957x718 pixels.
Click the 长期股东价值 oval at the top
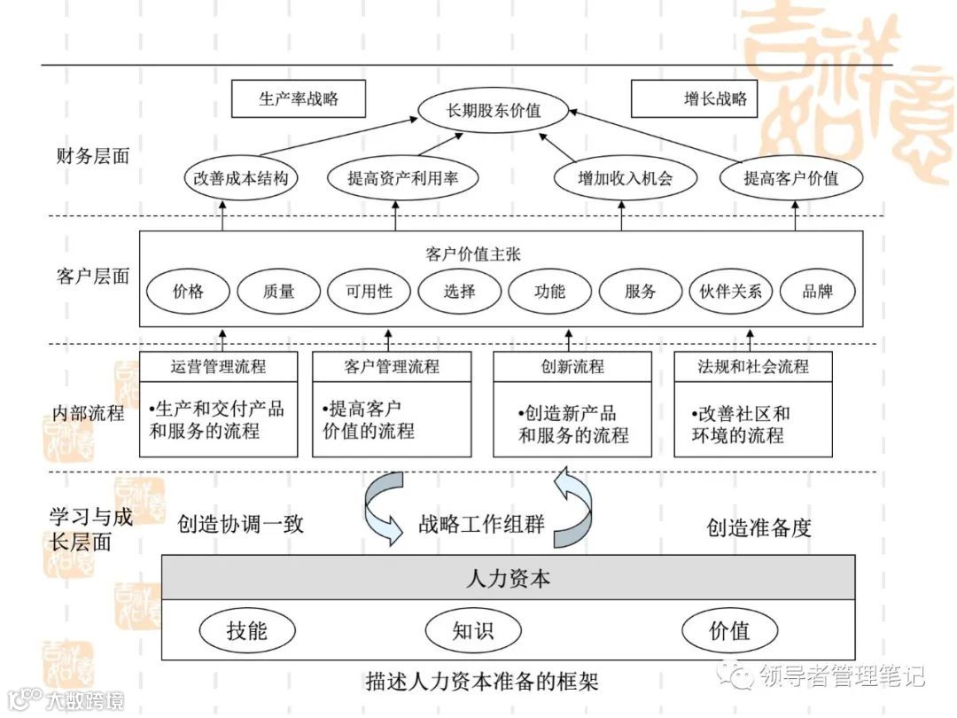(x=493, y=112)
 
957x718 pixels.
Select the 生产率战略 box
(x=298, y=99)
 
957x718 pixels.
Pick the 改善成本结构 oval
(x=241, y=178)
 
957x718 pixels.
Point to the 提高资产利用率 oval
(x=402, y=178)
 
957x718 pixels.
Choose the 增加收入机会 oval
(x=625, y=178)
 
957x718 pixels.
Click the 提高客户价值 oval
(x=790, y=178)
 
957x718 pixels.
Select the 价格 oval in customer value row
(x=188, y=291)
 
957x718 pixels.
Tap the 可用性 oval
(x=369, y=291)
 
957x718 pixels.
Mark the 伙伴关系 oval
(x=730, y=291)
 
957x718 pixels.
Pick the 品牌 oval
(x=817, y=291)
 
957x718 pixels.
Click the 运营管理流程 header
(x=217, y=366)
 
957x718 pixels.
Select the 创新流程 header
(x=572, y=366)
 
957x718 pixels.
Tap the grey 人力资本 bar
(x=508, y=579)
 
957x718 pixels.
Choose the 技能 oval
(x=246, y=631)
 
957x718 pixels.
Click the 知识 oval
(x=472, y=631)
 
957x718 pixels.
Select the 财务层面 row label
(x=92, y=156)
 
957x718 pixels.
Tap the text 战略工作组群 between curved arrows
(x=481, y=523)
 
